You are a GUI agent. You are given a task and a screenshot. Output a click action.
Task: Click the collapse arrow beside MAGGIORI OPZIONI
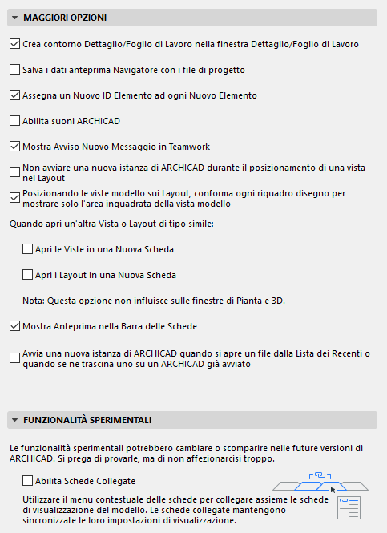point(15,18)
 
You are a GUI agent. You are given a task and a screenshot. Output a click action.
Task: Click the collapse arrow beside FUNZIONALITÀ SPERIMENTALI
point(15,420)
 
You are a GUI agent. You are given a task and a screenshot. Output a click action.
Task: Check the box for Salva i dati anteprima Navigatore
point(15,70)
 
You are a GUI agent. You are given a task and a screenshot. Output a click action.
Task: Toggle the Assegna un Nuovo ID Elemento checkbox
point(15,95)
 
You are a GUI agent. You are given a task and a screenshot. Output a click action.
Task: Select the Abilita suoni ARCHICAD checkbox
point(15,121)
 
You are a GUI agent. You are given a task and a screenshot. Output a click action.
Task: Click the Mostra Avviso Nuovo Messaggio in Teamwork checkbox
point(15,147)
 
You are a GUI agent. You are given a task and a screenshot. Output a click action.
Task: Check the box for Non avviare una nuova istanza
point(15,172)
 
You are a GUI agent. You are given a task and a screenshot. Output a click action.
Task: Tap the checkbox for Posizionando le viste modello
point(15,197)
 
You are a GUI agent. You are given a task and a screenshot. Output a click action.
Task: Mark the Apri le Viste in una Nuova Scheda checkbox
point(29,249)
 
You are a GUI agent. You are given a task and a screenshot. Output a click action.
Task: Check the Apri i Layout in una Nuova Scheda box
point(29,275)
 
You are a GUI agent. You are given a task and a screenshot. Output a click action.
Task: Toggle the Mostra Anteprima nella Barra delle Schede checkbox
point(15,326)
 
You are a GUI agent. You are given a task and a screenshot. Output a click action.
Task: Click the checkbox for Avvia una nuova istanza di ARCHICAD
point(15,357)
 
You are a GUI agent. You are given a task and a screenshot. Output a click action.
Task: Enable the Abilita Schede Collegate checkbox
point(29,481)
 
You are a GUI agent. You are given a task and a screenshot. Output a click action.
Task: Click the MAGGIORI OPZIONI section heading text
point(65,18)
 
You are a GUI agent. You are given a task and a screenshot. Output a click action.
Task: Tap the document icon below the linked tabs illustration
point(349,507)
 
